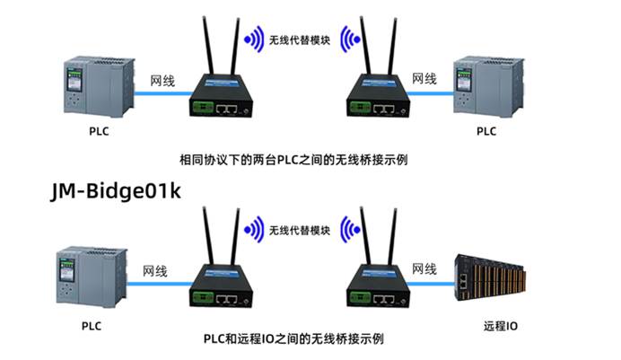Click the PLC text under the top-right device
click(x=485, y=131)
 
